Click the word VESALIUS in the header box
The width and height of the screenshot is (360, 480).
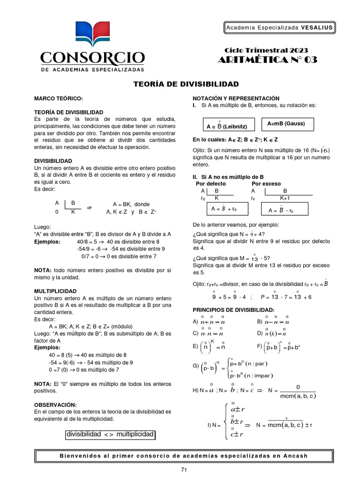tap(317, 28)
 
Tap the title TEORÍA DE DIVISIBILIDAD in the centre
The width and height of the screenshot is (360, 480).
tap(186, 84)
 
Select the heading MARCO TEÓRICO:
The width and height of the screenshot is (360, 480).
tap(58, 98)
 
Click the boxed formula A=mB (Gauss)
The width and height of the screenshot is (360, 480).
tap(286, 124)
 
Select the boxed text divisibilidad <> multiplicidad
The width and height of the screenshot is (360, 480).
tap(110, 435)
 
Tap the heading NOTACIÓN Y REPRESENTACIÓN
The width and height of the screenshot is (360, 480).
tap(236, 98)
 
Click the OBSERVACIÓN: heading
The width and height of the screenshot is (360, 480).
tap(55, 405)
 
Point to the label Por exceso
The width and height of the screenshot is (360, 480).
tap(266, 184)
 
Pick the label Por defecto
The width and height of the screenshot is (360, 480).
tap(210, 184)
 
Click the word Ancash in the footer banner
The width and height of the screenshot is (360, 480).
tap(297, 456)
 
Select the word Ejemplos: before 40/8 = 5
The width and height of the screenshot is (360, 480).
tap(47, 242)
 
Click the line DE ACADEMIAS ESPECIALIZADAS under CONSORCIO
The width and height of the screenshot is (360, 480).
tap(92, 69)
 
